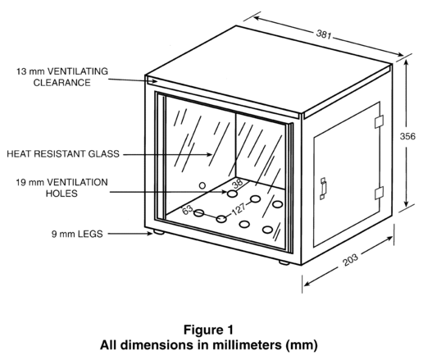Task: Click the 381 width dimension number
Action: tap(324, 34)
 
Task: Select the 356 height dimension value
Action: tap(407, 136)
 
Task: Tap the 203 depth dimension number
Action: tap(350, 260)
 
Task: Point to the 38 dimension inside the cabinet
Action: tap(238, 184)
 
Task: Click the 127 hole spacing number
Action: tap(239, 210)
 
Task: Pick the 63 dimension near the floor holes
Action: tap(188, 210)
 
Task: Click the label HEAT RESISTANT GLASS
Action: tap(63, 153)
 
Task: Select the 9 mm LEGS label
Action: tap(77, 234)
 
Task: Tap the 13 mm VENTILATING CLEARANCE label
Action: tap(62, 77)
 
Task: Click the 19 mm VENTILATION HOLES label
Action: tap(61, 188)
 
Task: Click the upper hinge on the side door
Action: tap(379, 121)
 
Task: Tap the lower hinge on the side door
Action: tap(379, 193)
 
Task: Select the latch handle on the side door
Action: tap(323, 189)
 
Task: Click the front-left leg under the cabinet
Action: tap(159, 232)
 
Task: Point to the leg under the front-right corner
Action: tap(284, 262)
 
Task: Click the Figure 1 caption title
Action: tap(208, 330)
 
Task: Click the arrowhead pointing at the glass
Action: tap(209, 154)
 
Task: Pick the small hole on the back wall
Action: tap(202, 185)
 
